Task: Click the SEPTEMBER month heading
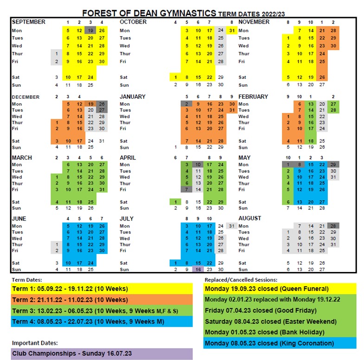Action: click(x=29, y=22)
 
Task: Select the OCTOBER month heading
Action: click(x=133, y=22)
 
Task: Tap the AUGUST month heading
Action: click(x=249, y=218)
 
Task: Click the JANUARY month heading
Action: click(x=133, y=97)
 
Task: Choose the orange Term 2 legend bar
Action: click(x=102, y=300)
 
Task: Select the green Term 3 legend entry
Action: click(x=102, y=311)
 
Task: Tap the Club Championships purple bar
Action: click(x=102, y=354)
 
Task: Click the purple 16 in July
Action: click(x=198, y=269)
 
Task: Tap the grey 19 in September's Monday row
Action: click(x=91, y=31)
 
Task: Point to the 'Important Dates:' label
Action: click(x=35, y=343)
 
